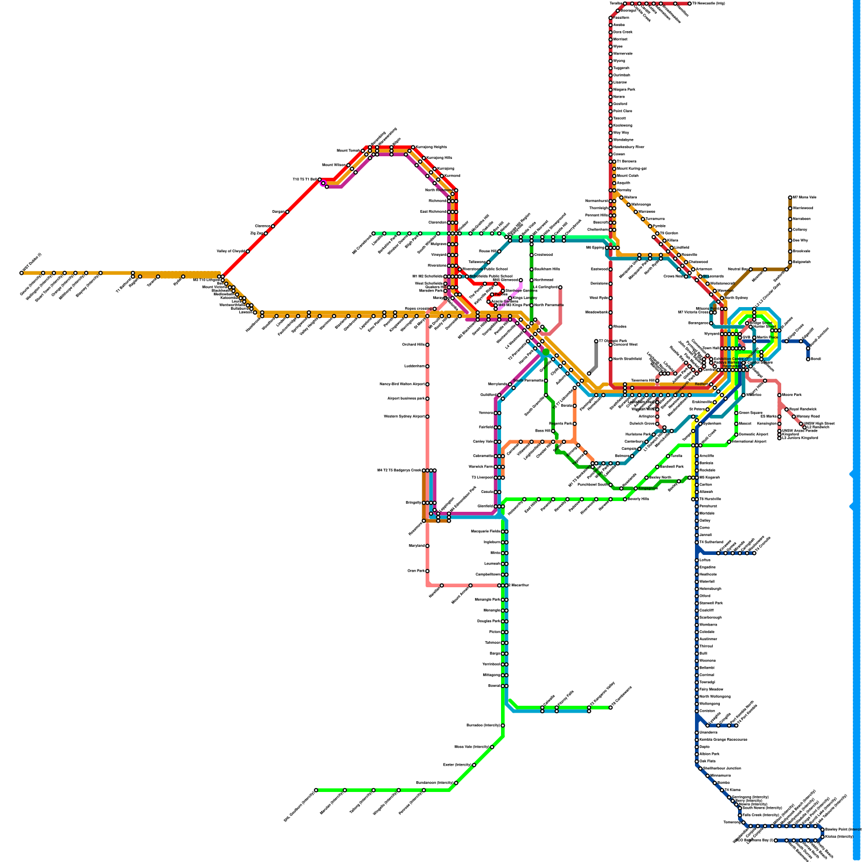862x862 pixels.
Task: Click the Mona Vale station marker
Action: coord(790,198)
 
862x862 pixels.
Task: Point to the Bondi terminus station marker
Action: coord(808,359)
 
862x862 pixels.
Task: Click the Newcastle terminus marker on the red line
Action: coord(689,4)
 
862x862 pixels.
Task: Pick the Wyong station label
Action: coord(618,61)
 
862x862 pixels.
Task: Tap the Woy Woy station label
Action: coord(621,133)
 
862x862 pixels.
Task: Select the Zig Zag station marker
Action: coord(266,233)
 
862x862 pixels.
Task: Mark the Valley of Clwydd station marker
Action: coord(248,251)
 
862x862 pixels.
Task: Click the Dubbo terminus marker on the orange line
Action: coord(22,273)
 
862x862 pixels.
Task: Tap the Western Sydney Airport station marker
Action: coord(427,416)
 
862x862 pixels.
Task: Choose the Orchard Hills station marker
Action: coord(427,345)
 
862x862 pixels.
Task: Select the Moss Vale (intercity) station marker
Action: coord(492,747)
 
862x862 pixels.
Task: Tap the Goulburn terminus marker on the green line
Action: coord(316,790)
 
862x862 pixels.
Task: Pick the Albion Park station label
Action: coord(709,754)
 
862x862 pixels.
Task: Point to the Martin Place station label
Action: coord(767,337)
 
